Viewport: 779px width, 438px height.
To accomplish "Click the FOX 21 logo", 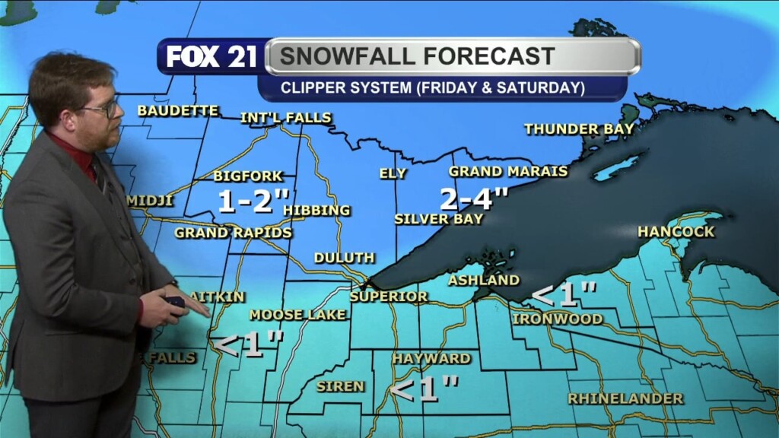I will pos(211,57).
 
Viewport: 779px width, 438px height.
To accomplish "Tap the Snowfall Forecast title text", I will pos(415,56).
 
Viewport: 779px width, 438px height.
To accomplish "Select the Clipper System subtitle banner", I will pos(432,87).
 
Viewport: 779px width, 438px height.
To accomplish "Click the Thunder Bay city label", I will pos(579,129).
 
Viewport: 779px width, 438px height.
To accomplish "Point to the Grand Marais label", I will pos(507,172).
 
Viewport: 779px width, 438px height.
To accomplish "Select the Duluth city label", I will pos(344,259).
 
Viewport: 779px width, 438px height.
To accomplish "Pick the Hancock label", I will pos(676,231).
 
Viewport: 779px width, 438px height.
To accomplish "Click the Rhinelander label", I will pos(625,398).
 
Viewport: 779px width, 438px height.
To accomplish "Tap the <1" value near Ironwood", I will pos(563,294).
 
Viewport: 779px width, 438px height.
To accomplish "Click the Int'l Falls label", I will pos(285,118).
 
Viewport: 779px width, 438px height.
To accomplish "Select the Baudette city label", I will pos(177,111).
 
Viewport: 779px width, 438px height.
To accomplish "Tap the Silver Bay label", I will pos(438,219).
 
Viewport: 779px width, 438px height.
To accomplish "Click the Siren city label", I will pos(340,386).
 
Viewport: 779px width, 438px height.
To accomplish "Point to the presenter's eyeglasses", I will pos(105,109).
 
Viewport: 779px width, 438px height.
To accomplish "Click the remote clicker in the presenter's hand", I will pos(176,302).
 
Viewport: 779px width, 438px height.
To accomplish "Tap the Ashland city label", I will pos(483,281).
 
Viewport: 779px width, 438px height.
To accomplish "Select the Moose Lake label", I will pos(297,315).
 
